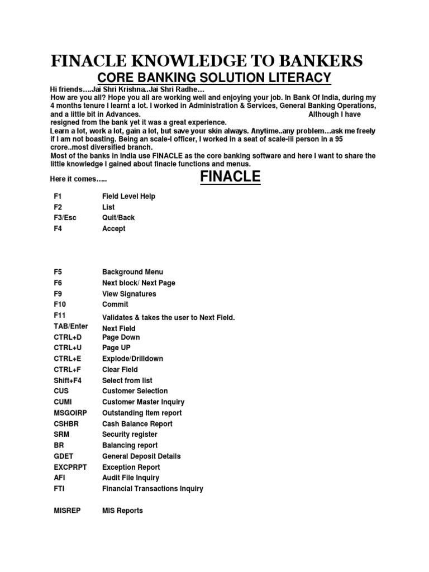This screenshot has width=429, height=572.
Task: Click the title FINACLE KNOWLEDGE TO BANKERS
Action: click(x=207, y=60)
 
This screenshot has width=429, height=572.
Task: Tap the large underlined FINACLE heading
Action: click(x=230, y=177)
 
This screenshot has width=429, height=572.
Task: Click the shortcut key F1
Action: click(x=58, y=196)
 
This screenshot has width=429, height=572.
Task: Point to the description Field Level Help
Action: click(x=128, y=196)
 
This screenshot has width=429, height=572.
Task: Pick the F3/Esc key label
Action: click(x=65, y=218)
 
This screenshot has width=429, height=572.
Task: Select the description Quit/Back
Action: click(x=118, y=218)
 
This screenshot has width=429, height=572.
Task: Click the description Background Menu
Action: click(x=132, y=272)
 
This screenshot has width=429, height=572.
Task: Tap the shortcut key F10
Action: click(x=60, y=304)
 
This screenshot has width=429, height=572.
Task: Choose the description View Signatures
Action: click(x=129, y=294)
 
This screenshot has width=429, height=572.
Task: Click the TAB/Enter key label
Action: click(x=71, y=326)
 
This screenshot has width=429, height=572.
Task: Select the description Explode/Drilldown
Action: click(x=132, y=359)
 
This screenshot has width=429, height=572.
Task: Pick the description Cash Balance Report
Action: click(x=137, y=424)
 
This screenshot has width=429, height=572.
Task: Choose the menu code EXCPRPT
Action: click(x=71, y=467)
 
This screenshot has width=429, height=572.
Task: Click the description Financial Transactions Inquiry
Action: click(x=152, y=489)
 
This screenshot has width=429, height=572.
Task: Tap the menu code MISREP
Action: click(x=67, y=511)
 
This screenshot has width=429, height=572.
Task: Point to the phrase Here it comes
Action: click(x=79, y=179)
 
